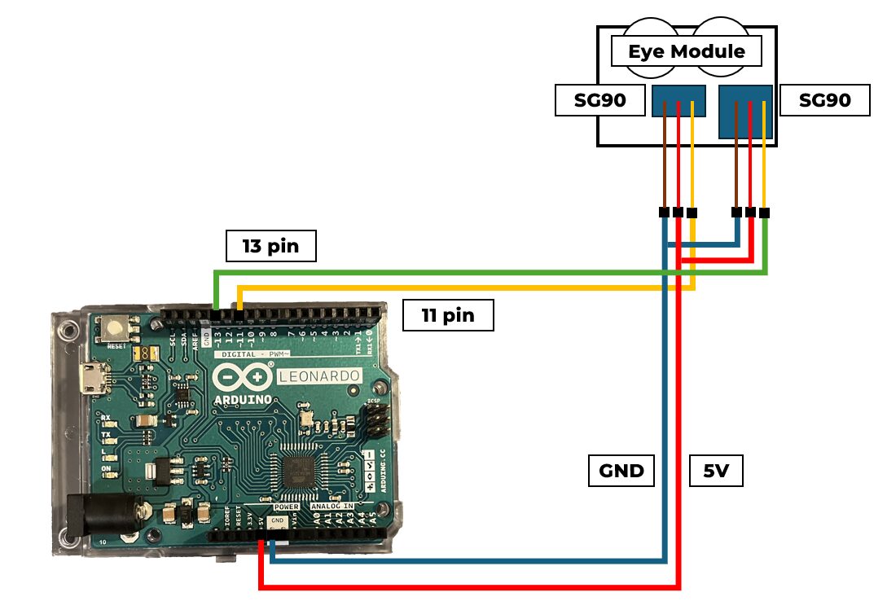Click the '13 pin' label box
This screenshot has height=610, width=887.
click(x=270, y=246)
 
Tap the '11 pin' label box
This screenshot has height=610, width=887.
click(x=448, y=315)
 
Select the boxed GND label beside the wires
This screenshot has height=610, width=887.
click(x=621, y=471)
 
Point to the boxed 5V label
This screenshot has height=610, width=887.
click(x=716, y=471)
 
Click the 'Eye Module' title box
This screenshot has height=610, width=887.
click(x=686, y=52)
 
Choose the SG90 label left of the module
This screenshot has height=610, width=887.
click(x=590, y=101)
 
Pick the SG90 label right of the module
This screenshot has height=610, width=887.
click(x=823, y=101)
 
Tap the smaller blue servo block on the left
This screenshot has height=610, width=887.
click(x=678, y=100)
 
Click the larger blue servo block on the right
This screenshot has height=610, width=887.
click(x=745, y=111)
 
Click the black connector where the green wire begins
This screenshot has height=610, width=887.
click(x=764, y=213)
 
